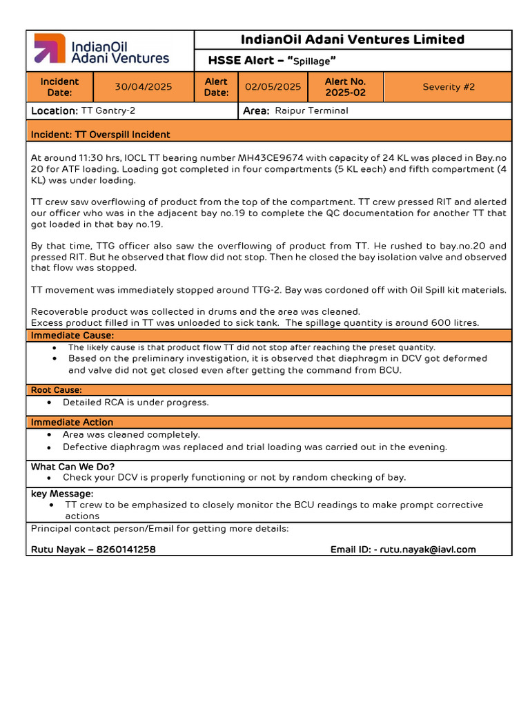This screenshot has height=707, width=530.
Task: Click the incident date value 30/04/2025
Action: click(x=144, y=87)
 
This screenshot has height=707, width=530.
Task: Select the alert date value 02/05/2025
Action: click(x=273, y=87)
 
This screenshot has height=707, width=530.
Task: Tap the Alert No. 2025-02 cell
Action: click(x=345, y=87)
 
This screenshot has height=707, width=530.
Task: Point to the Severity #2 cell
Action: click(x=448, y=87)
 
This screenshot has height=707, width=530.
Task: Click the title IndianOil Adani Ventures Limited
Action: click(x=353, y=40)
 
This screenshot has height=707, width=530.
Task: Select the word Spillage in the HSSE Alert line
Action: click(x=311, y=61)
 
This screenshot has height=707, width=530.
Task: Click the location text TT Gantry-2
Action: click(x=108, y=110)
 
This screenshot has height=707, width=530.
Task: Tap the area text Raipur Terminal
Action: click(x=311, y=110)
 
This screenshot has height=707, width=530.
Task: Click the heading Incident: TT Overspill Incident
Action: click(x=100, y=135)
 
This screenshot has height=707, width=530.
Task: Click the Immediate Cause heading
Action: click(x=71, y=336)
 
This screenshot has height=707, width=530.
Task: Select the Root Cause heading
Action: click(x=57, y=390)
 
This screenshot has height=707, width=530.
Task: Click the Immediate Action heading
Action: click(x=72, y=422)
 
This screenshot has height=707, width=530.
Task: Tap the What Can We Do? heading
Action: click(x=72, y=467)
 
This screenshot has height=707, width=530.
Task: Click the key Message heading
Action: click(x=62, y=494)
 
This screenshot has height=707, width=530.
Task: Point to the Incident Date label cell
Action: click(x=60, y=87)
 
